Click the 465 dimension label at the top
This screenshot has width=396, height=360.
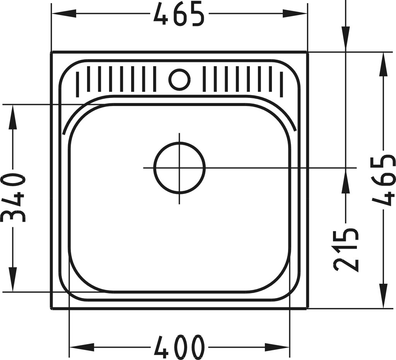(x=179, y=14)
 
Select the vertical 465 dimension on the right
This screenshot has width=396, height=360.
(x=383, y=180)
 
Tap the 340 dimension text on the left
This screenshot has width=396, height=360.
(x=13, y=198)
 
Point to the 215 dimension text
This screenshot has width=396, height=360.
(x=346, y=250)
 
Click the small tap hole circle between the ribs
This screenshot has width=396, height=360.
(x=179, y=79)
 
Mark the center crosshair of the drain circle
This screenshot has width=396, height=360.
(x=179, y=168)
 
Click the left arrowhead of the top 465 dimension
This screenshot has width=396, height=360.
(x=64, y=14)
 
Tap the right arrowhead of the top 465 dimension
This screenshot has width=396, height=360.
(x=295, y=14)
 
